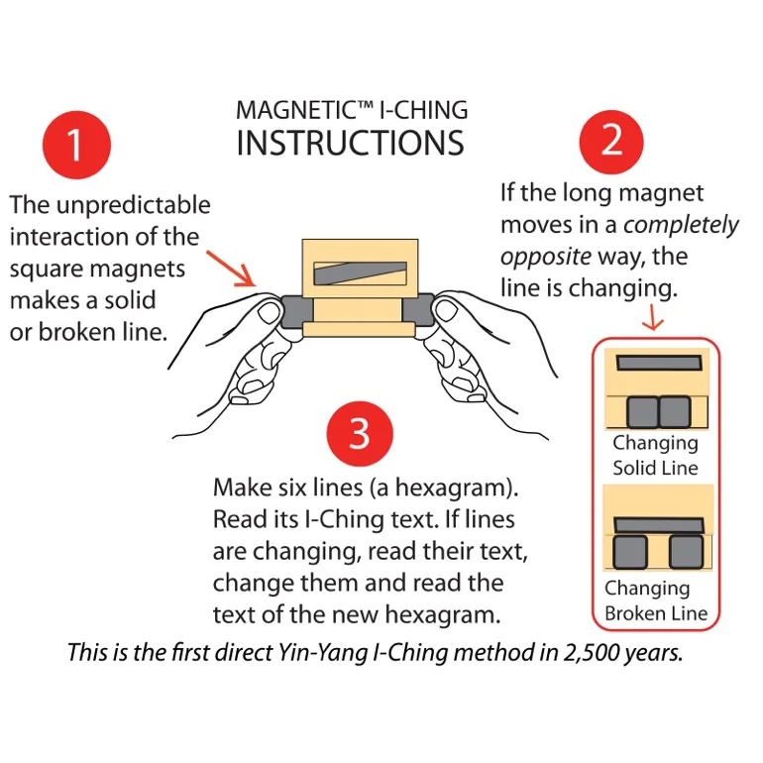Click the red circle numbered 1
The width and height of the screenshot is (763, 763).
75,146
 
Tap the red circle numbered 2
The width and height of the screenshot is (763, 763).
612,140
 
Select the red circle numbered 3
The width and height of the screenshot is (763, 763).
360,434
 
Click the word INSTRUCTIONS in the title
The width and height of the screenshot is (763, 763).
350,144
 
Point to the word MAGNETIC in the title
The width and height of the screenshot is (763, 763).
292,109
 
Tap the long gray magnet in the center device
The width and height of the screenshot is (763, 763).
359,273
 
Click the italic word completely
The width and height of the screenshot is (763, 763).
681,225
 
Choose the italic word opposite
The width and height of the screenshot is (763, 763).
545,257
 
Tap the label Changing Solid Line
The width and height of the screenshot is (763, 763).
655,455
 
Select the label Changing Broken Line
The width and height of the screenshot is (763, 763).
656,600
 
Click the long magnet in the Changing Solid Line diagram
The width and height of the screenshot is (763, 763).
658,364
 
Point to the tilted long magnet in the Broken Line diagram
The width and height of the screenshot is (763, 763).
659,525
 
